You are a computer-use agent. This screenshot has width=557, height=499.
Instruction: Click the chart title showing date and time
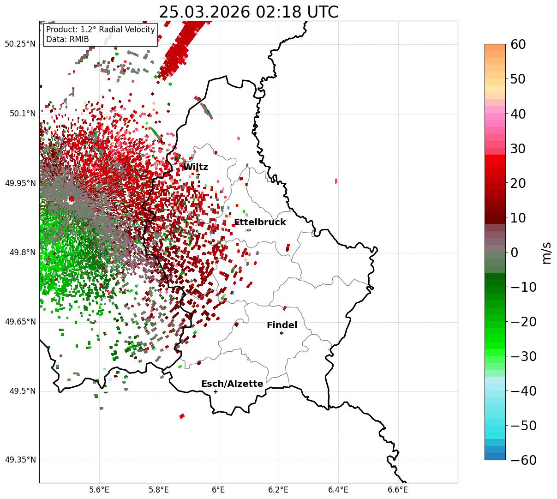pos(248,12)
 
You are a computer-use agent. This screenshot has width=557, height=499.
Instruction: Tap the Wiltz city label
pos(196,167)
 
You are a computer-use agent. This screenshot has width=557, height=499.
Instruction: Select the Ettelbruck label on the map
pos(260,222)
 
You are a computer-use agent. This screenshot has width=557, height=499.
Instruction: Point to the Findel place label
pos(282,325)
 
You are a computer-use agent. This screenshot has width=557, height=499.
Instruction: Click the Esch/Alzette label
pos(232,384)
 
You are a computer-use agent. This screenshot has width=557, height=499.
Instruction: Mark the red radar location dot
pos(71,199)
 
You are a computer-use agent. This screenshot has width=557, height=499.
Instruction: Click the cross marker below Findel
pos(281,333)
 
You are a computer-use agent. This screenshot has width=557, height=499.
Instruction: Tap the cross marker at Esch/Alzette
pos(216,391)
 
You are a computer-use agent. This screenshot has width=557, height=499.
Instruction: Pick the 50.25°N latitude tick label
pos(20,44)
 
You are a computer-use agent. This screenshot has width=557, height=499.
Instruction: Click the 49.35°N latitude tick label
pos(20,460)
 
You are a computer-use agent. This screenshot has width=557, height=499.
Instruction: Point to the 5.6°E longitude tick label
pos(99,489)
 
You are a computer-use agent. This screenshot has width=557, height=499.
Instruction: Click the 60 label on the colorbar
pos(519,44)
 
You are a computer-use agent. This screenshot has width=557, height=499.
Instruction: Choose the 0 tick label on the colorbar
pos(514,252)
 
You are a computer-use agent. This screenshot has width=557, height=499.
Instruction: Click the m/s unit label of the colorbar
pos(547,252)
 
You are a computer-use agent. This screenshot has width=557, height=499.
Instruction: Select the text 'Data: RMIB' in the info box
pos(67,39)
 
